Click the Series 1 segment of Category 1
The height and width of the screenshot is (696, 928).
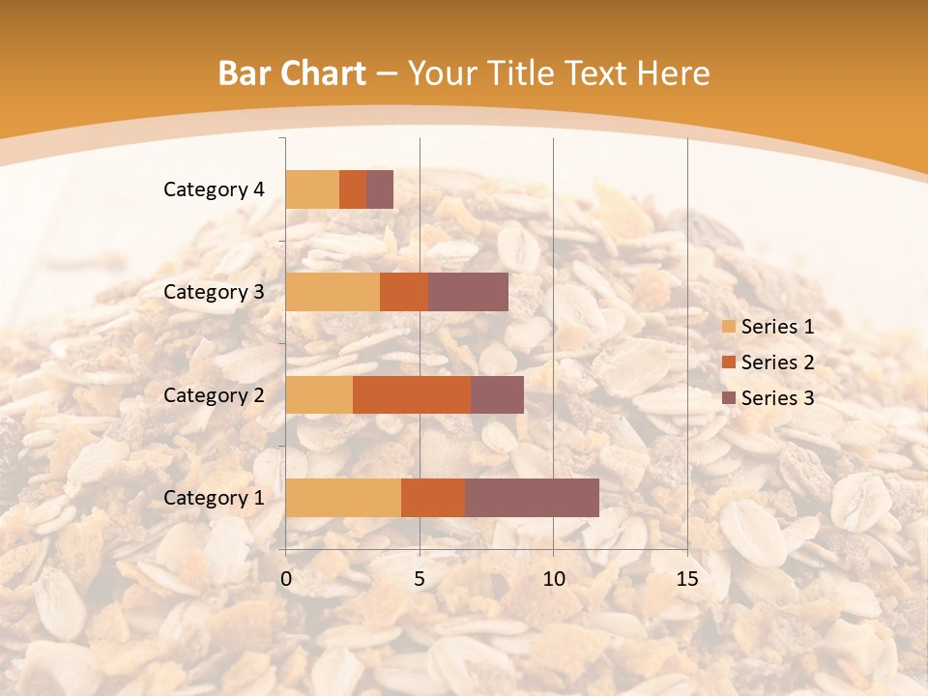coord(343,498)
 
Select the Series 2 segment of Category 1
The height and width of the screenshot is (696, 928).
coord(433,498)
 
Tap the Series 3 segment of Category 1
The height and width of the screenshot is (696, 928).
coord(532,498)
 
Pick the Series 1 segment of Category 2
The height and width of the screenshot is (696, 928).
coord(319,394)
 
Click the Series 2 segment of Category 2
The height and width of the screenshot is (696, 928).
coord(412,394)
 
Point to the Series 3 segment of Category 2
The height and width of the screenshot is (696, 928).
coord(497,394)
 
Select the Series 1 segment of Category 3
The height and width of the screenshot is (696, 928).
coord(333,292)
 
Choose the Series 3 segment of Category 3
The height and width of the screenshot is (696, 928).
coord(469,292)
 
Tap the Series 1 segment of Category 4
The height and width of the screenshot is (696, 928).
coord(312,189)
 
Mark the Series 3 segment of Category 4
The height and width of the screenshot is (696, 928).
coord(380,189)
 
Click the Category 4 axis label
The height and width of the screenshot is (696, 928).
coord(214,189)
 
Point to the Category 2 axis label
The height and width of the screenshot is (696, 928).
coord(214,394)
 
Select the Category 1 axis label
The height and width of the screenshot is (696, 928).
coord(214,498)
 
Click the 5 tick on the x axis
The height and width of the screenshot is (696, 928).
coord(420,579)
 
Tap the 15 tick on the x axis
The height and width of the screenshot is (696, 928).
coord(686,579)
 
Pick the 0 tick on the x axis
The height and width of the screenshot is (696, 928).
coord(286,579)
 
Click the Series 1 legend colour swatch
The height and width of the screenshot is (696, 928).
coord(729,327)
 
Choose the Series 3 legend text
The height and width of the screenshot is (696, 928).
coord(777,398)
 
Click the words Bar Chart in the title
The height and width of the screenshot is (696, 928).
coord(292,73)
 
